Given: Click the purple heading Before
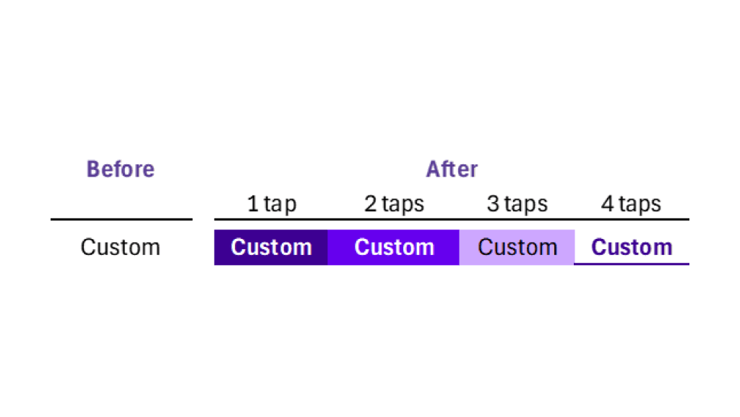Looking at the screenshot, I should click(x=121, y=169).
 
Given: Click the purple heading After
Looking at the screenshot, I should click(x=452, y=169).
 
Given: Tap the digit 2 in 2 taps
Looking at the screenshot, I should click(x=371, y=204).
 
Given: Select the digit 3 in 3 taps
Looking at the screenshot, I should click(x=493, y=204).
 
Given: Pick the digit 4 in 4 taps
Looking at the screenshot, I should click(x=608, y=204).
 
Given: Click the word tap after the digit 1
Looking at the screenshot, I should click(x=280, y=205).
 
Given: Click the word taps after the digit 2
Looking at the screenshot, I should click(x=403, y=205).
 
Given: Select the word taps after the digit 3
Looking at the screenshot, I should click(x=525, y=205).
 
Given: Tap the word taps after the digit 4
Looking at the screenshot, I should click(x=639, y=205).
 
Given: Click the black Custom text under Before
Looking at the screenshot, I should click(x=120, y=248).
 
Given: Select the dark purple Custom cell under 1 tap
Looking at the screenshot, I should click(x=271, y=248).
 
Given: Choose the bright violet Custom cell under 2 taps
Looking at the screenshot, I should click(x=394, y=248).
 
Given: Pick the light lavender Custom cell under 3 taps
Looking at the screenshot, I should click(x=517, y=248).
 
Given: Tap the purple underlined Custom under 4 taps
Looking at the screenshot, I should click(x=632, y=248).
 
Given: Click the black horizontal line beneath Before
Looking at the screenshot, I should click(x=121, y=219).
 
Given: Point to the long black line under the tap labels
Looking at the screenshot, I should click(x=452, y=219).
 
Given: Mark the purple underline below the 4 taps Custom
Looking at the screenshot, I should click(x=632, y=264).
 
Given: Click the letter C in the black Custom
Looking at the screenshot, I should click(x=88, y=248).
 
